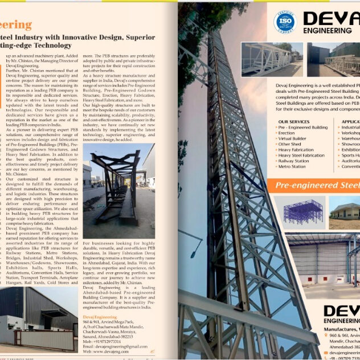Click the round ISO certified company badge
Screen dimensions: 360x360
click(x=285, y=22)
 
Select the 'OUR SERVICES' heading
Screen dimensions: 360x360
click(x=294, y=122)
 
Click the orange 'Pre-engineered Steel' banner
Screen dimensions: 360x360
click(x=316, y=185)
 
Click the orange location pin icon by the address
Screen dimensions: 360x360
click(x=329, y=336)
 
